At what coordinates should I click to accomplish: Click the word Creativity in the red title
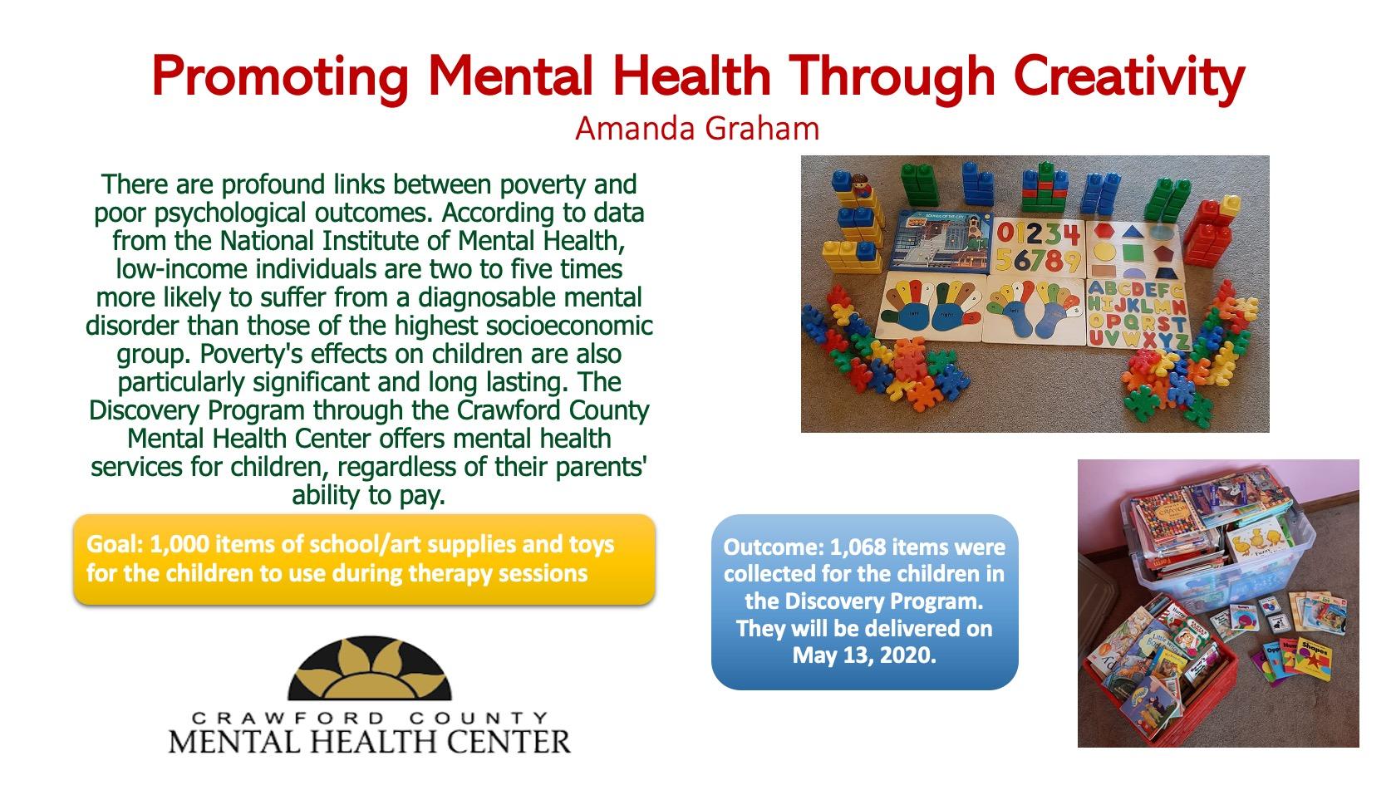tap(1128, 77)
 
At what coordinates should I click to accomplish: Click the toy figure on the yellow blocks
tap(861, 186)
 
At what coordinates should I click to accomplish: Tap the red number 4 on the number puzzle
tap(1070, 235)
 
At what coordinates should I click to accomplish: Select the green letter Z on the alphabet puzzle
tap(1181, 341)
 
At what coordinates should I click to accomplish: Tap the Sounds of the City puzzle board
tap(940, 242)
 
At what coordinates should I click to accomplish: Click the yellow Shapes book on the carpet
tap(1314, 659)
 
